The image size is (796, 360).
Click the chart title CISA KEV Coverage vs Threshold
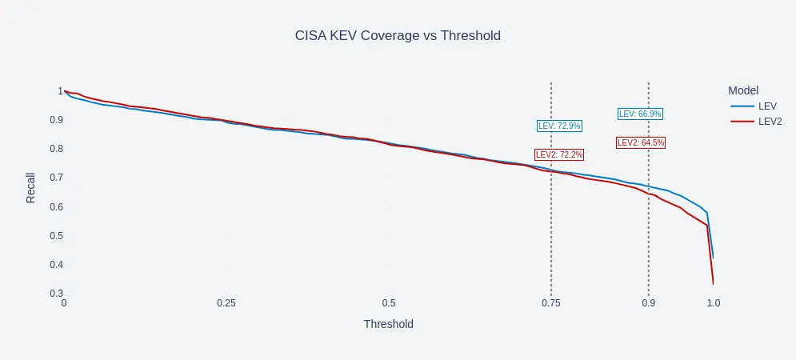point(398,36)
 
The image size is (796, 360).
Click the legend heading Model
point(743,90)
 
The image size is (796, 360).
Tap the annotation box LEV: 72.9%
point(559,126)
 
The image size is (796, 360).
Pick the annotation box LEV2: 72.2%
point(559,154)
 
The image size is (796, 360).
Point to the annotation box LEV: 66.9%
point(640,114)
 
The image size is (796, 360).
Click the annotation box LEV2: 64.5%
point(641,142)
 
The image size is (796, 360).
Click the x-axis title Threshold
point(388,324)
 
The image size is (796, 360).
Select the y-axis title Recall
point(31,187)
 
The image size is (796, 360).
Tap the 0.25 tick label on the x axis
point(226,303)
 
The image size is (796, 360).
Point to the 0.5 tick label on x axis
point(389,303)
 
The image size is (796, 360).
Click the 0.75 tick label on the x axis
point(551,303)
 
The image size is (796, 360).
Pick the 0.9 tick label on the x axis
point(648,303)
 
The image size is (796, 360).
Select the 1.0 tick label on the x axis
point(714,303)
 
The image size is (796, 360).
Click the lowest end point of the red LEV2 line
point(713,284)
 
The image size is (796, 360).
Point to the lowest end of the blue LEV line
point(713,258)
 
